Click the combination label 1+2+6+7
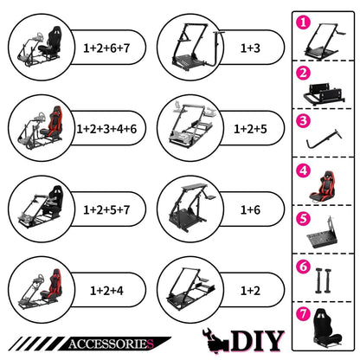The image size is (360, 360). (x=106, y=48)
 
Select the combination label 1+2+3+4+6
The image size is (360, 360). (x=106, y=129)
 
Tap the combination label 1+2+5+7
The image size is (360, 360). (x=106, y=209)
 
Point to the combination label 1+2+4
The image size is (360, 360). (x=106, y=291)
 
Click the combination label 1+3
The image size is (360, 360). (x=250, y=48)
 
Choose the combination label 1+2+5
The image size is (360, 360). (x=250, y=129)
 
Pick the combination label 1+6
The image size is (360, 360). (x=250, y=209)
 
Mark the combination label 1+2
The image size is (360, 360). (x=250, y=291)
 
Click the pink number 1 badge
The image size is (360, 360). (x=303, y=22)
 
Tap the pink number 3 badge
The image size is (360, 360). (x=303, y=120)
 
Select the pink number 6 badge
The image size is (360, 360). (x=303, y=267)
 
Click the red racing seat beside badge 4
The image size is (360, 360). (x=323, y=186)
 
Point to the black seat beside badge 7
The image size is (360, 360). (x=326, y=327)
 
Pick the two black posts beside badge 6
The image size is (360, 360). (x=324, y=280)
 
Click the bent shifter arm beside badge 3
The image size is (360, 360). (x=323, y=139)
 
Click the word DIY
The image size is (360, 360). (x=258, y=341)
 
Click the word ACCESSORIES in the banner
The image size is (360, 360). (x=111, y=344)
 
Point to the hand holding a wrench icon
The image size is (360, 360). (x=215, y=341)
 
